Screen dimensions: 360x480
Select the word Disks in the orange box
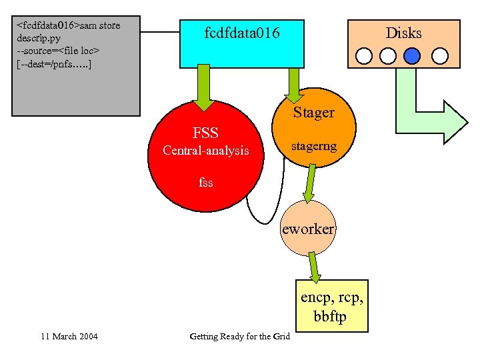[x=403, y=33]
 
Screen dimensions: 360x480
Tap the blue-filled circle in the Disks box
[x=413, y=55]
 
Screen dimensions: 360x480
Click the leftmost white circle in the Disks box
[x=364, y=55]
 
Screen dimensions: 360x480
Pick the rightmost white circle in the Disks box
[x=439, y=55]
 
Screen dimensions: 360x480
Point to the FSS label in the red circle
[x=205, y=133]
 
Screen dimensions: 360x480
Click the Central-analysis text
[x=206, y=151]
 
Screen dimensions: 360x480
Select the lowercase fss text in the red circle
[x=205, y=181]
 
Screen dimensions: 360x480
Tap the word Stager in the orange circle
[x=313, y=112]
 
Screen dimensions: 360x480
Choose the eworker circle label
[x=308, y=229]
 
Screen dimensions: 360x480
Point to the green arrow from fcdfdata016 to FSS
[x=203, y=88]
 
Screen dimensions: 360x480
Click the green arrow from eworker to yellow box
[x=313, y=267]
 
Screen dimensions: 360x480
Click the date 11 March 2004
[x=69, y=336]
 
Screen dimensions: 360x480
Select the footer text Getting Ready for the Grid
[x=239, y=336]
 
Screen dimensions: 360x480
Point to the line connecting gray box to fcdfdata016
[x=160, y=31]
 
